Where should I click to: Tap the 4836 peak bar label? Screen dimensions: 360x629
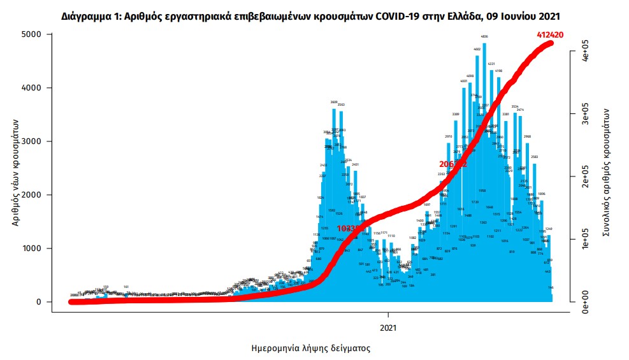click(484, 37)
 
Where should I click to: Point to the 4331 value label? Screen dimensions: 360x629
click(491, 64)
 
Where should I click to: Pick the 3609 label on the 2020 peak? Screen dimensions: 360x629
click(334, 102)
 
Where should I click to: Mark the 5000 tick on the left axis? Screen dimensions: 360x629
click(33, 34)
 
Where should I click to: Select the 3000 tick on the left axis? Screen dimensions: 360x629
click(33, 141)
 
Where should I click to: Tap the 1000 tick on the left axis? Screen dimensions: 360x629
click(33, 248)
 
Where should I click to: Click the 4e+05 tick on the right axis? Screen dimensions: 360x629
click(582, 51)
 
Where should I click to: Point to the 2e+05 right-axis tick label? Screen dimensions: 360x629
click(582, 176)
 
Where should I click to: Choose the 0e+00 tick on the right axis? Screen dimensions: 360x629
click(582, 302)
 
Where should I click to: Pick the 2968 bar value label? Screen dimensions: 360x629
click(527, 136)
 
